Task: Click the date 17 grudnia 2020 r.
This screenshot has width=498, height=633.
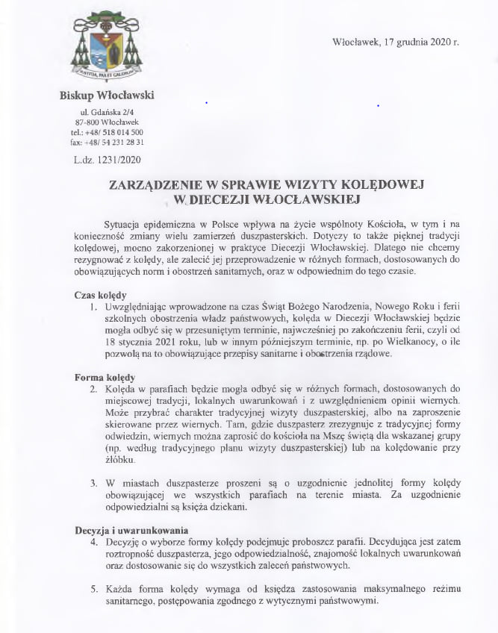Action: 395,43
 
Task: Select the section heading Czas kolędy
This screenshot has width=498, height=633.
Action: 100,294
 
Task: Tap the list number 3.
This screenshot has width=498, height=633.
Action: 93,483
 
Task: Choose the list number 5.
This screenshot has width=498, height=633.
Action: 93,590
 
